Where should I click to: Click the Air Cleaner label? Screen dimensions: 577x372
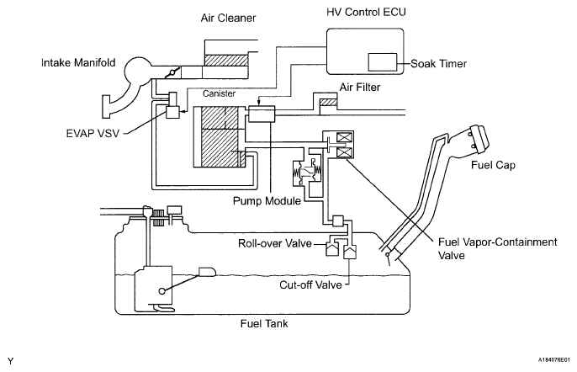(x=228, y=18)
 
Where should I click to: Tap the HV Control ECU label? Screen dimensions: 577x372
(x=366, y=12)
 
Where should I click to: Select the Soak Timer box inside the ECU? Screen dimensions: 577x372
(x=383, y=62)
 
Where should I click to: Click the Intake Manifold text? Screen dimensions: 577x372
(x=78, y=62)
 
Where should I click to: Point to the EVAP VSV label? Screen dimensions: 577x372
(x=93, y=133)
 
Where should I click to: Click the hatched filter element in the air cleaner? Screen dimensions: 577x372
(x=226, y=61)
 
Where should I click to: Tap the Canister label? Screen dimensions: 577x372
(x=219, y=93)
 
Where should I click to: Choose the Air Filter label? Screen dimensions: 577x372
(x=359, y=88)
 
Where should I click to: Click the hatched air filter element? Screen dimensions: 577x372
(x=328, y=103)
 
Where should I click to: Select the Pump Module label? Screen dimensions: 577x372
(x=267, y=201)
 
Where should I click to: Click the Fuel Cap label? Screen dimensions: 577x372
(x=493, y=165)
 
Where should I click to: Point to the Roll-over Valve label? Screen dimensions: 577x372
(x=274, y=243)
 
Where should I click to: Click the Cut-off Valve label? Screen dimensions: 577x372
(x=310, y=284)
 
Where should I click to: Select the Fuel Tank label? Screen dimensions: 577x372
(x=264, y=324)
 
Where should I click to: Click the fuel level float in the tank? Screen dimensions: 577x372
(x=207, y=272)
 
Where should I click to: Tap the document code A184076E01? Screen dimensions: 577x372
(x=554, y=359)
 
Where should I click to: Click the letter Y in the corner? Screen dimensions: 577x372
(x=10, y=361)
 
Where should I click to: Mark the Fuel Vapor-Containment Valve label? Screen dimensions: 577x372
(x=498, y=248)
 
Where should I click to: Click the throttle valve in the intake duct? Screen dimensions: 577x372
(x=172, y=72)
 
